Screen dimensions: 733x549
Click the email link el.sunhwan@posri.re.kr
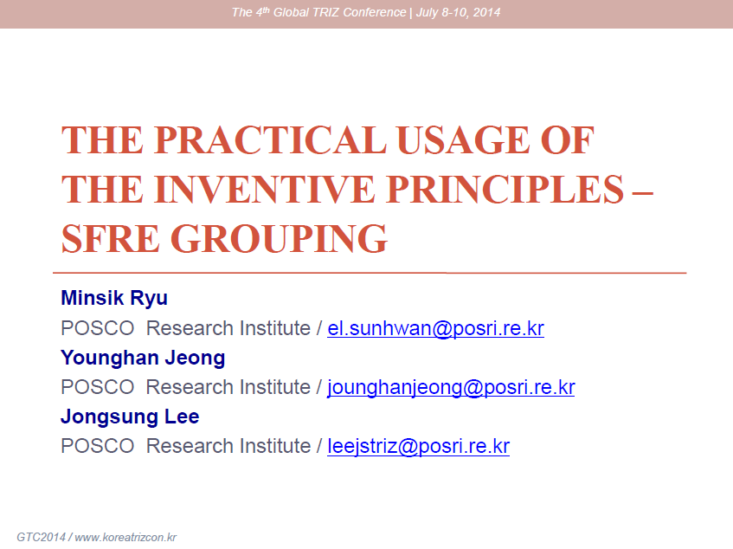pos(435,328)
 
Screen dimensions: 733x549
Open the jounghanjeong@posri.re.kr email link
pos(451,388)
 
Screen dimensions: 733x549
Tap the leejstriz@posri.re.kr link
pos(418,447)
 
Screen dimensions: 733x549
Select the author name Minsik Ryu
pos(114,299)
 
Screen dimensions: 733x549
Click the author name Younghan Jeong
pos(143,358)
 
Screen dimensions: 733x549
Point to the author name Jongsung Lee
pos(130,417)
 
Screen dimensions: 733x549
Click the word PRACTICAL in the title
pos(271,139)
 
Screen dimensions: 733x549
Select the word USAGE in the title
pos(464,139)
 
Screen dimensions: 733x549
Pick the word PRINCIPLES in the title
pos(505,189)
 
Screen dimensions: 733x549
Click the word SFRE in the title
pos(111,238)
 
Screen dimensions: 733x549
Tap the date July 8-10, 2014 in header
pos(458,12)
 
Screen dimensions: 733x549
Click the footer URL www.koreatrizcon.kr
pos(125,537)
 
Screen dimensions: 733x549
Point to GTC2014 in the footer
pos(42,537)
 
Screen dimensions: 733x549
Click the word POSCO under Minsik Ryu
pos(98,328)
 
